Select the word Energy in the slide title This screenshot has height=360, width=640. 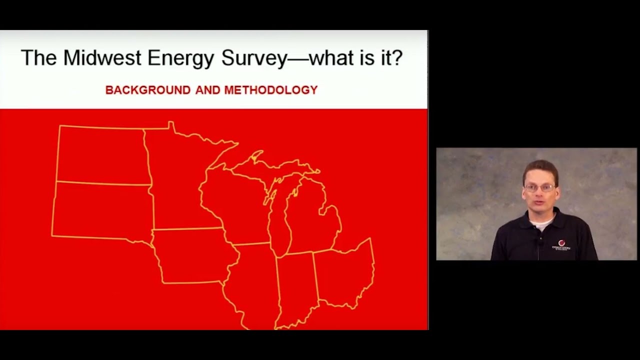coord(181,58)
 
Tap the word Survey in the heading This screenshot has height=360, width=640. coord(253,58)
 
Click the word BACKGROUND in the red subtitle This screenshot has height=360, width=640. coord(141,90)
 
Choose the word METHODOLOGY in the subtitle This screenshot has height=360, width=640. coord(270,90)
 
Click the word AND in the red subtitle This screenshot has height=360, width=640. coord(207,90)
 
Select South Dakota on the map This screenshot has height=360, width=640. coord(102,210)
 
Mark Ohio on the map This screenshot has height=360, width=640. coord(345,272)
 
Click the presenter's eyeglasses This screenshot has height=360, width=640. coord(539,188)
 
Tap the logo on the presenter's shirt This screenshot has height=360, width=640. coord(561,245)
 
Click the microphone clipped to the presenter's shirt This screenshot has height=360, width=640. coord(539,243)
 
